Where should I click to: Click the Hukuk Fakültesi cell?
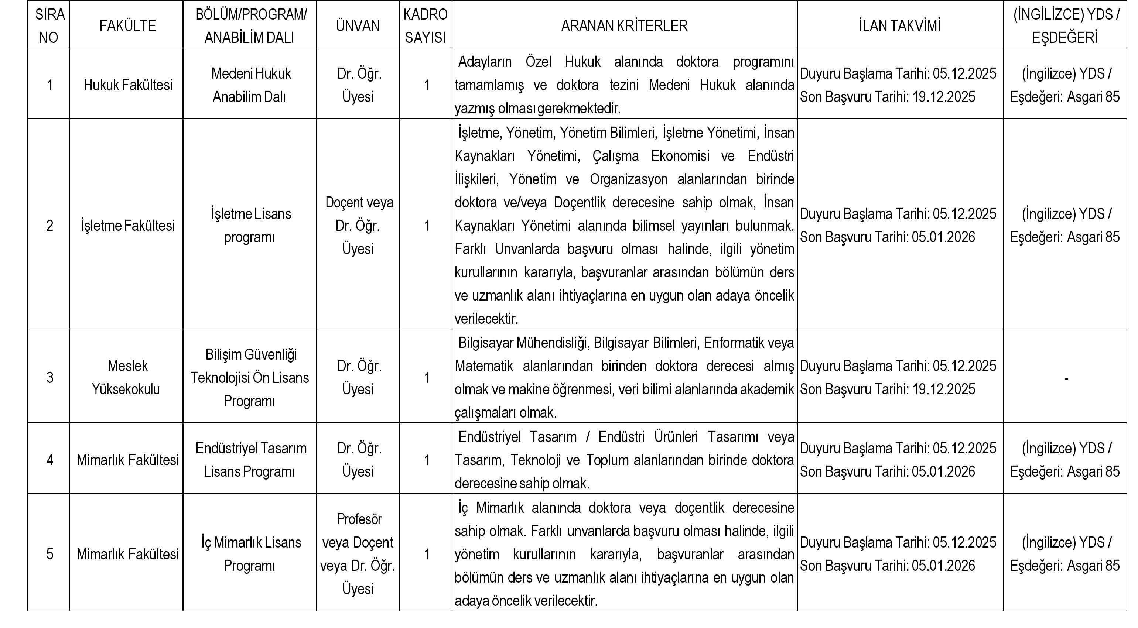[128, 85]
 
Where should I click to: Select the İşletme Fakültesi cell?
[128, 226]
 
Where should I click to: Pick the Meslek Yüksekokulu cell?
[127, 377]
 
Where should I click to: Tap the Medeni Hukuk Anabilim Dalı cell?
[250, 85]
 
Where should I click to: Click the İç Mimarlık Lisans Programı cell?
[250, 554]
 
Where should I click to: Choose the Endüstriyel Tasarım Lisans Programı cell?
[250, 460]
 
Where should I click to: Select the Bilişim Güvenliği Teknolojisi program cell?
[250, 377]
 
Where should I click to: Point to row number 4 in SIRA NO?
[50, 460]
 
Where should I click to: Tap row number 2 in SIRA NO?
[50, 226]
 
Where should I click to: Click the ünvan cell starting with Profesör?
[358, 554]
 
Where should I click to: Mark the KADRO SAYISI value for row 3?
[426, 378]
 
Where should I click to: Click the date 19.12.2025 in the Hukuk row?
[944, 97]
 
